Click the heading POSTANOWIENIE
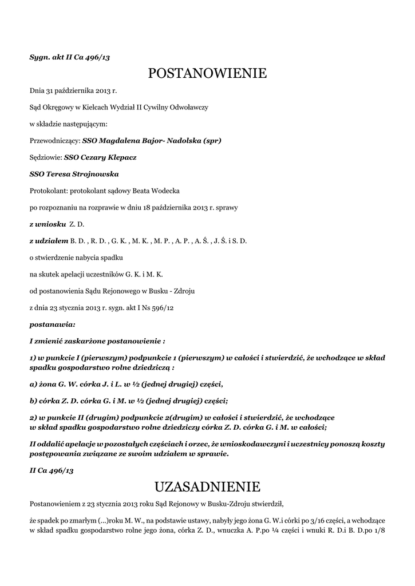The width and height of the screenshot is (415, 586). (x=207, y=73)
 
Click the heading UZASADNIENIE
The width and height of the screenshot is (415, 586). (x=207, y=487)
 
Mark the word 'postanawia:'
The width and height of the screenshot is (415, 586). (x=52, y=324)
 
